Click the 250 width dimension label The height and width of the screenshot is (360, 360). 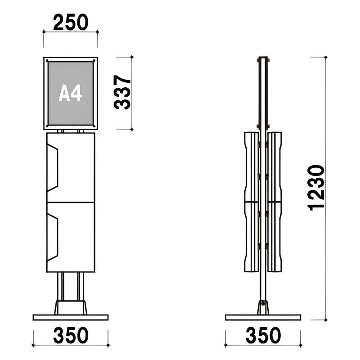click(71, 22)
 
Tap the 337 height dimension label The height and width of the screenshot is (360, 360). click(122, 93)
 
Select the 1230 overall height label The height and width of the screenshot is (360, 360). click(316, 187)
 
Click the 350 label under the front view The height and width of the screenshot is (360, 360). click(71, 336)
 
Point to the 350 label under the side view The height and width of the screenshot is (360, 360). click(263, 336)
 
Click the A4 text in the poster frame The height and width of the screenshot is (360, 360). click(70, 94)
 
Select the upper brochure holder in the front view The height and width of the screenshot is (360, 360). click(71, 167)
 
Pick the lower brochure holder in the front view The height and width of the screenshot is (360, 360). click(71, 237)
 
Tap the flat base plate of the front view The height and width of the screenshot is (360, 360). click(71, 317)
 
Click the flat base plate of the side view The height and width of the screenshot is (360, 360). click(263, 317)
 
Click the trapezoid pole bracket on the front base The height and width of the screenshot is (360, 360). click(71, 307)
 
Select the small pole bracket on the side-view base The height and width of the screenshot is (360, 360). click(263, 308)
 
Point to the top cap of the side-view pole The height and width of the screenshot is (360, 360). click(263, 58)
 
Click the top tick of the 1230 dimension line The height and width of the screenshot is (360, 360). click(325, 57)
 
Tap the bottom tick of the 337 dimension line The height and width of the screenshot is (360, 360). click(132, 130)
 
